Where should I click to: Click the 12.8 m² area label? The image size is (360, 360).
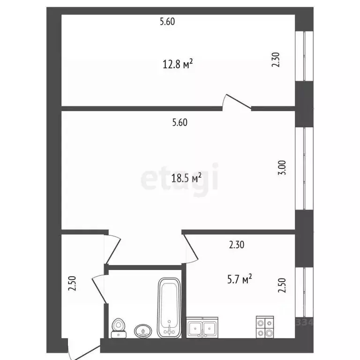point(178,64)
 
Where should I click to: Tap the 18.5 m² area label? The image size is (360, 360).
point(187,178)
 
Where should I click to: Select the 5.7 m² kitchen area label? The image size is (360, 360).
point(240,279)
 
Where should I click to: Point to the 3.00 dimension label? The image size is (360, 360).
point(282,168)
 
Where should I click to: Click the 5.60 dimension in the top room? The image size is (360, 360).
point(167,22)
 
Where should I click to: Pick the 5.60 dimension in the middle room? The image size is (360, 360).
point(180,122)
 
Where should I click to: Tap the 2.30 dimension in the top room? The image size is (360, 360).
point(276,60)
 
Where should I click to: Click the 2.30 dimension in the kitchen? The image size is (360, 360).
point(237,245)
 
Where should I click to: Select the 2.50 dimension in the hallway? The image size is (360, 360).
point(72,283)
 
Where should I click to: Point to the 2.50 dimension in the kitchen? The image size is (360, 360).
point(282,285)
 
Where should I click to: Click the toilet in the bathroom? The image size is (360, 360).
point(119,328)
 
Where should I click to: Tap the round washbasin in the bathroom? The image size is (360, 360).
point(143,331)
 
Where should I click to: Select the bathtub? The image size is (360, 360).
point(169,308)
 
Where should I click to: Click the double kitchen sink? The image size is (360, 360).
point(202,327)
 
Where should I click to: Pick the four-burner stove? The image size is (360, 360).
point(265,327)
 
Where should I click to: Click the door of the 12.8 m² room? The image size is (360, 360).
point(239,101)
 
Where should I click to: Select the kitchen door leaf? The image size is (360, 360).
point(191,247)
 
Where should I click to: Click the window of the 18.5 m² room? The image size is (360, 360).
point(304,168)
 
